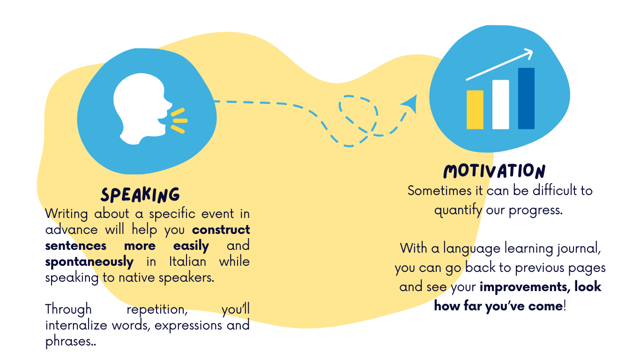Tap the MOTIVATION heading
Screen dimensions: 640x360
[x=494, y=171]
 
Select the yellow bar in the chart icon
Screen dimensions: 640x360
[x=475, y=110]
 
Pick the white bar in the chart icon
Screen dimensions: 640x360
[x=500, y=105]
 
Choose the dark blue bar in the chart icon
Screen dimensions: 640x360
[x=526, y=98]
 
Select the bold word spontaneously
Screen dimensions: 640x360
[x=89, y=262]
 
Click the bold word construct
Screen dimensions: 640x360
[x=221, y=230]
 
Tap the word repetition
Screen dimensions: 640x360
[x=150, y=310]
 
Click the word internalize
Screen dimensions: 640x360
[x=77, y=325]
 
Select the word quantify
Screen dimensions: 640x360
[x=458, y=210]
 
